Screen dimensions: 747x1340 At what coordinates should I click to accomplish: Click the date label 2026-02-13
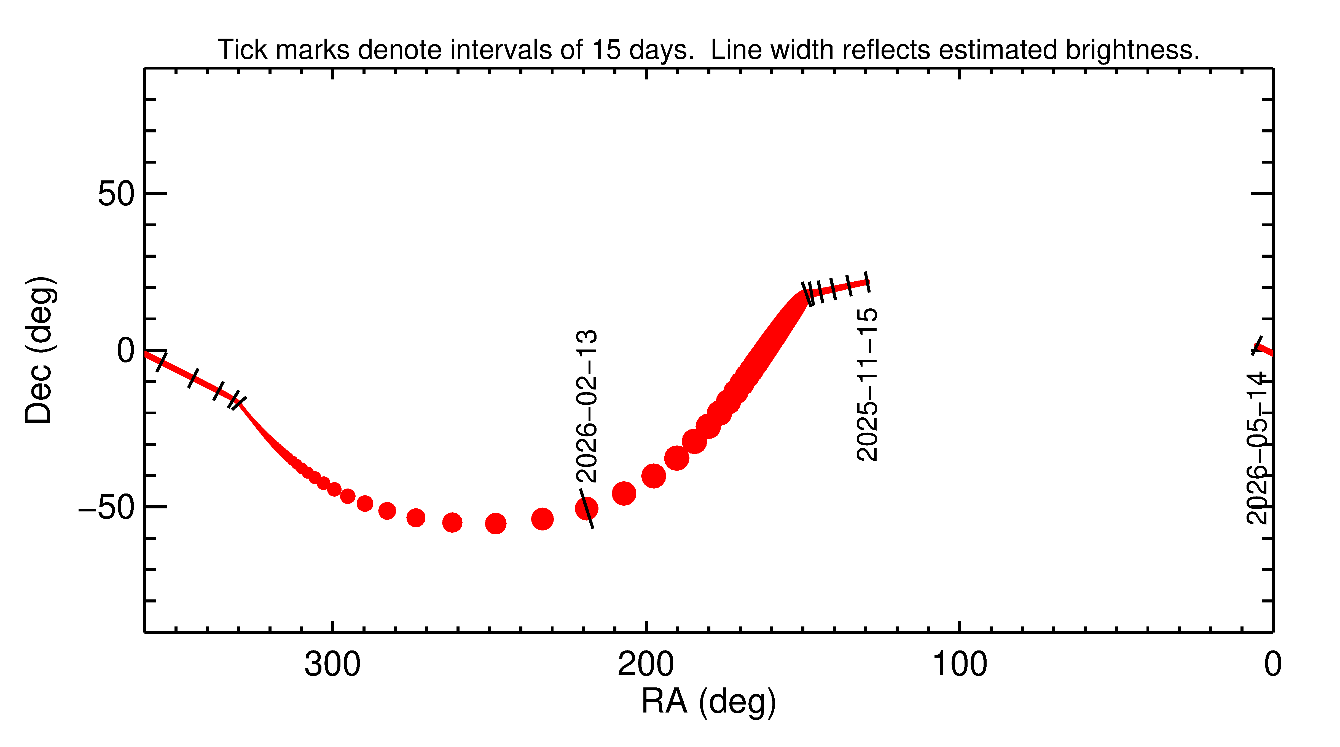pos(587,406)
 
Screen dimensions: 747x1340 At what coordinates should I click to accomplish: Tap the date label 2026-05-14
pos(1257,448)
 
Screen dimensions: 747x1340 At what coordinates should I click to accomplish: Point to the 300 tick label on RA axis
pos(332,665)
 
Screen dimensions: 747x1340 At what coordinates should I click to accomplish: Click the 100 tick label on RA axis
pos(959,665)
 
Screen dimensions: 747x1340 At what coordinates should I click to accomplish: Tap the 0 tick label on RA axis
pos(1272,665)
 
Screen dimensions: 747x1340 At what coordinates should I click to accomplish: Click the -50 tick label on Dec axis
pos(107,508)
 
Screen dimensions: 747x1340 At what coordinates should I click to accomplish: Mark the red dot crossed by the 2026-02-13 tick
pos(586,509)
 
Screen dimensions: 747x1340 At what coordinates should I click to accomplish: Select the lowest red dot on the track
pos(496,523)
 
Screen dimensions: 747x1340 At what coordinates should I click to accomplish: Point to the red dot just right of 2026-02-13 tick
pos(624,493)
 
